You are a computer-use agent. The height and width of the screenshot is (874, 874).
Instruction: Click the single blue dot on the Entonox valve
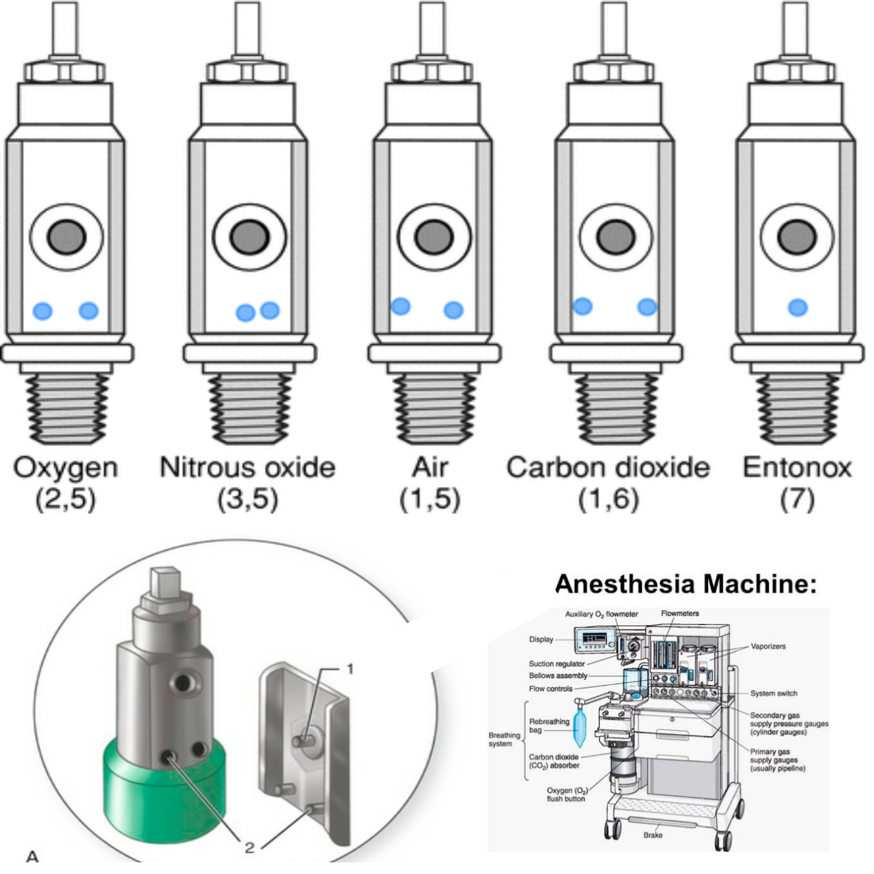click(798, 307)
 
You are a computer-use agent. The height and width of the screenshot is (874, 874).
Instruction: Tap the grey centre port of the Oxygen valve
click(67, 238)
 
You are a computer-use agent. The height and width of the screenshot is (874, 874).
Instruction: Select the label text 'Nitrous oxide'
click(247, 468)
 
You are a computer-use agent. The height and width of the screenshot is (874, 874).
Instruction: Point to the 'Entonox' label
click(797, 468)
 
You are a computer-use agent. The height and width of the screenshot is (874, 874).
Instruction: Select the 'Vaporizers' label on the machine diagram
click(768, 646)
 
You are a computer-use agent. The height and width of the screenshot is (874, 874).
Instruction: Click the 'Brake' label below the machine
click(653, 834)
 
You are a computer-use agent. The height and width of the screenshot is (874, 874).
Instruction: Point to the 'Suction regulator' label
click(556, 664)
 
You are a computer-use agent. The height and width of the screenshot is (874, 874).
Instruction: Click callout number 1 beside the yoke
click(350, 669)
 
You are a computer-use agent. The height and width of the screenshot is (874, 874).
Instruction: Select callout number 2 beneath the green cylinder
click(249, 847)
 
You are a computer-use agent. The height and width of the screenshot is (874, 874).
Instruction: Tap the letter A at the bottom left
click(32, 856)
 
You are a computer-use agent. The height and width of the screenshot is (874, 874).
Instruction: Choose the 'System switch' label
click(774, 693)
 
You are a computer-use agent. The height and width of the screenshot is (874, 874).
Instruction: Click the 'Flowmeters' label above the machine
click(679, 613)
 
